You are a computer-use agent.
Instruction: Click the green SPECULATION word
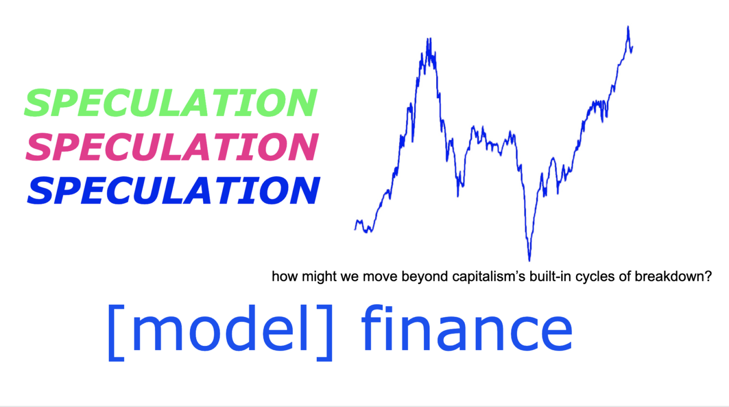click(x=171, y=103)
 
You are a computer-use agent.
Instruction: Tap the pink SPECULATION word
click(x=172, y=147)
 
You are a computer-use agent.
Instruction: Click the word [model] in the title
click(x=220, y=332)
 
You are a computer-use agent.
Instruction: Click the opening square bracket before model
click(x=116, y=333)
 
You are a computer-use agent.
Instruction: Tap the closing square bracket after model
click(x=325, y=333)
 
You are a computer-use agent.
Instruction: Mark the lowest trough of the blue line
click(x=529, y=260)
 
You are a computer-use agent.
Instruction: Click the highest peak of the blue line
click(x=628, y=26)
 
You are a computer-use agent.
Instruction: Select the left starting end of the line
click(x=355, y=229)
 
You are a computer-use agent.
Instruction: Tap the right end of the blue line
click(x=632, y=47)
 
